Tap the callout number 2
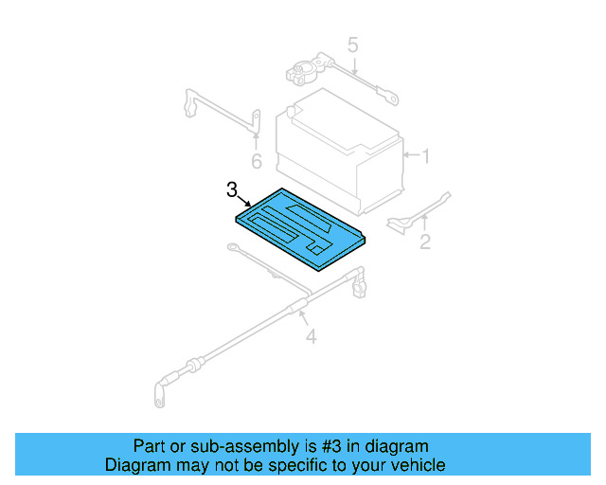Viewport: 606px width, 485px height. [x=425, y=242]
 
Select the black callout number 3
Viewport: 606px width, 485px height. [x=233, y=190]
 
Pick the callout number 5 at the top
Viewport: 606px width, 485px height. [x=352, y=45]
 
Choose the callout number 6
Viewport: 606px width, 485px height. [x=256, y=161]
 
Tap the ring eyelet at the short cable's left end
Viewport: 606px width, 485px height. [x=231, y=250]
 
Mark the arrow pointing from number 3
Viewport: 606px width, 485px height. [x=245, y=202]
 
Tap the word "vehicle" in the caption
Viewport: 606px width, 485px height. [x=418, y=465]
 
